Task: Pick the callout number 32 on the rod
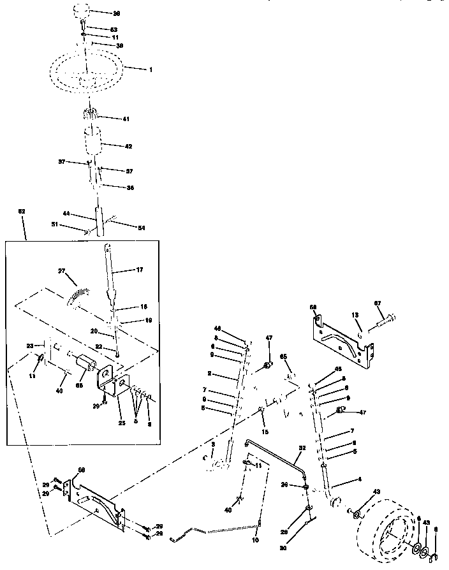(x=302, y=448)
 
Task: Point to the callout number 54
(x=141, y=227)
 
